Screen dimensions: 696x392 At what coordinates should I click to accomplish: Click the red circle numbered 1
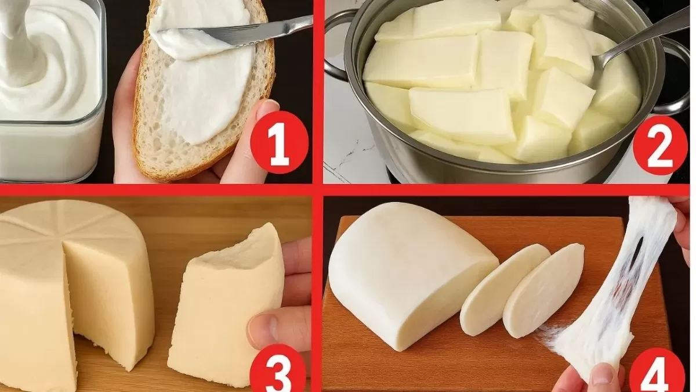pos(280,142)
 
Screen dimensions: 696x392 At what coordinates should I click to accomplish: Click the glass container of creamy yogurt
pos(51,90)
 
